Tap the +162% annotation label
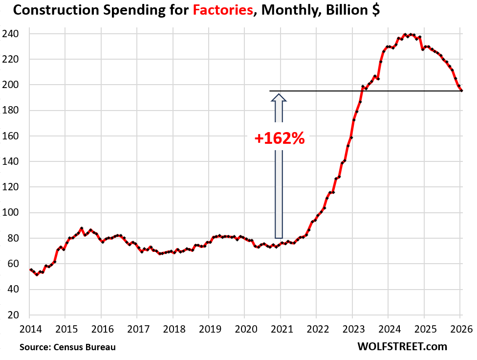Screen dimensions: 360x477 (x=280, y=138)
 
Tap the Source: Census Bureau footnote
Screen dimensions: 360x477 (x=68, y=347)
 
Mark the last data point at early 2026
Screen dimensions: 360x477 (x=462, y=90)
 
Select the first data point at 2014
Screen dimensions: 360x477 (x=31, y=270)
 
